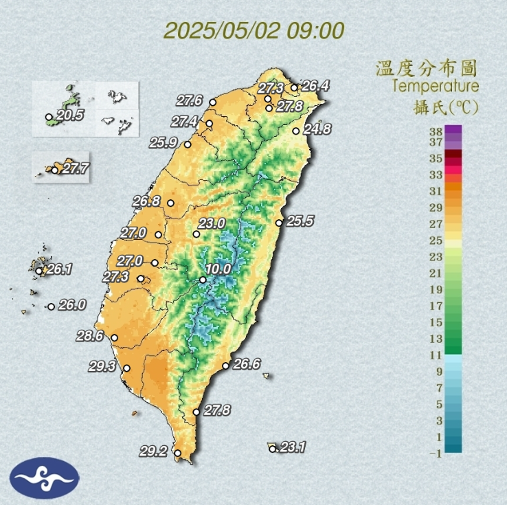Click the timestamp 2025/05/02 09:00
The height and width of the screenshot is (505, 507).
254,31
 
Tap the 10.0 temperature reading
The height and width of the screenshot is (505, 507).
218,269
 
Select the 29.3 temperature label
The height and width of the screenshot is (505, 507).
102,366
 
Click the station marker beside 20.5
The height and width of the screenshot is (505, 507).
49,117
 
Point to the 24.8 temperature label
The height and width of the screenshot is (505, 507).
318,129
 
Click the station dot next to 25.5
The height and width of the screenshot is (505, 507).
279,223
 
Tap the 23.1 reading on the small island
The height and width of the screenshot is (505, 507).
292,447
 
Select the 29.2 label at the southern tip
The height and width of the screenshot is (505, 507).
153,451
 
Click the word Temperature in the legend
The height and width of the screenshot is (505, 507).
435,86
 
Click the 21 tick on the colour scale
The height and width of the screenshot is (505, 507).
436,273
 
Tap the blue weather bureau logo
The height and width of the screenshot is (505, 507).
44,478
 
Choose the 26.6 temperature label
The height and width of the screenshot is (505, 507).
247,364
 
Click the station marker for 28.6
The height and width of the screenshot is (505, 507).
114,338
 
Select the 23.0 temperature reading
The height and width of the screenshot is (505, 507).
212,223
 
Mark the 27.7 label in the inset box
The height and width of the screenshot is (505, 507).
76,168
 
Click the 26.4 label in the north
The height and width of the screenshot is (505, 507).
315,86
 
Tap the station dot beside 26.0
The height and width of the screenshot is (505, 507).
51,307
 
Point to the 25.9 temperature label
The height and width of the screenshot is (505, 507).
164,143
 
